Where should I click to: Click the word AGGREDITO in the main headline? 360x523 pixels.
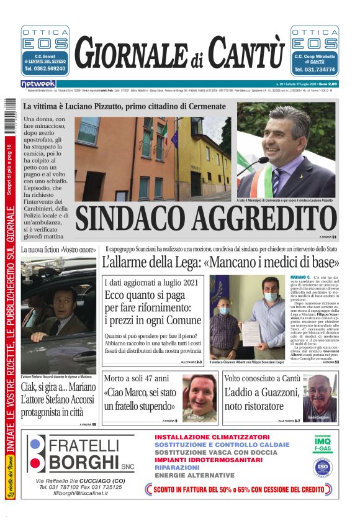click(x=261, y=219)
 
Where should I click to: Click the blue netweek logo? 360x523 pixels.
click(x=38, y=83)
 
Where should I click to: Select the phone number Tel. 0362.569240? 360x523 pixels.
click(x=45, y=70)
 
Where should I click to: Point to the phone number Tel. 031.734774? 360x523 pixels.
click(x=315, y=70)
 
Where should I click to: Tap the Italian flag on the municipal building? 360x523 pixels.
click(x=166, y=132)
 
